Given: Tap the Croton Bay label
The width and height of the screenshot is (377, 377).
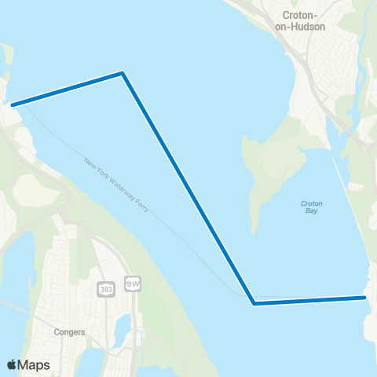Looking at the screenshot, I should click(311, 207).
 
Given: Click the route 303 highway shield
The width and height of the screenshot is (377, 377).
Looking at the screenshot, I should click(106, 290).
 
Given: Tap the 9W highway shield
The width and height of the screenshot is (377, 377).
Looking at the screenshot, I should click(132, 283).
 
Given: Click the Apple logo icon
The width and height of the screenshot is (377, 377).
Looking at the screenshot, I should click(12, 364).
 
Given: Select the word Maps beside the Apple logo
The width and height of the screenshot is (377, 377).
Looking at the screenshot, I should click(34, 365).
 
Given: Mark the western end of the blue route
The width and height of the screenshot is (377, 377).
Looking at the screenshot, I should click(13, 104).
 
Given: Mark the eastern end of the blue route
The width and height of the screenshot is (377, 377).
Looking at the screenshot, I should click(364, 297).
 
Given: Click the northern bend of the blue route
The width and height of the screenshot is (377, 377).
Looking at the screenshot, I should click(123, 74).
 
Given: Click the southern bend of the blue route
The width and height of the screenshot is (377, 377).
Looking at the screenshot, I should click(254, 302).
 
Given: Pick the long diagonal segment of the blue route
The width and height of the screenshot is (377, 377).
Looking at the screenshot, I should click(188, 188).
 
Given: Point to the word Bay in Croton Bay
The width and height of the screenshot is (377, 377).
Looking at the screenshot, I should click(311, 212).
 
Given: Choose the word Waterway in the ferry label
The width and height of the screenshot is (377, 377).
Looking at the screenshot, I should click(119, 188).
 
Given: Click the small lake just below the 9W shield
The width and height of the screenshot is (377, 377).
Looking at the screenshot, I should click(123, 324).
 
